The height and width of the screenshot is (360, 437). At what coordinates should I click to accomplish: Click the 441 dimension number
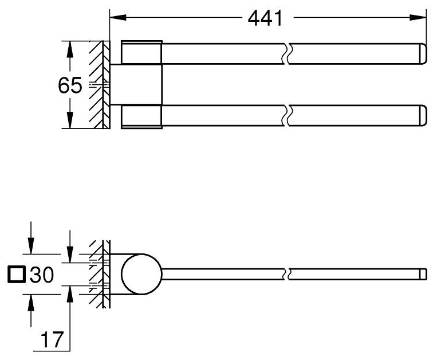coord(265,18)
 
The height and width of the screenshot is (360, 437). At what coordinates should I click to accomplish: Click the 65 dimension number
coord(70,85)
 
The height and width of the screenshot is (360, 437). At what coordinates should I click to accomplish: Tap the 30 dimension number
coord(42,275)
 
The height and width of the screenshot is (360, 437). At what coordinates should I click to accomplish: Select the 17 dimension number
coord(52,339)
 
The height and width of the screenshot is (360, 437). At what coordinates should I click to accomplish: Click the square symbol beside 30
coord(17,275)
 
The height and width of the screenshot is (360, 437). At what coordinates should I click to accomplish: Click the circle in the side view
coord(141,274)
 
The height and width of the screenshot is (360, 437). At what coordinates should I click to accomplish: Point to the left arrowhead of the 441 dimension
coord(118,17)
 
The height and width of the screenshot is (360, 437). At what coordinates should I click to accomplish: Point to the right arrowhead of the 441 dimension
coord(418,17)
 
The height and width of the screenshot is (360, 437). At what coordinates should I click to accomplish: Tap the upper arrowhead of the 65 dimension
coord(70,50)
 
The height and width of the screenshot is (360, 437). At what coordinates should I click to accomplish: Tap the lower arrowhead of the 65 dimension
coord(70,120)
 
